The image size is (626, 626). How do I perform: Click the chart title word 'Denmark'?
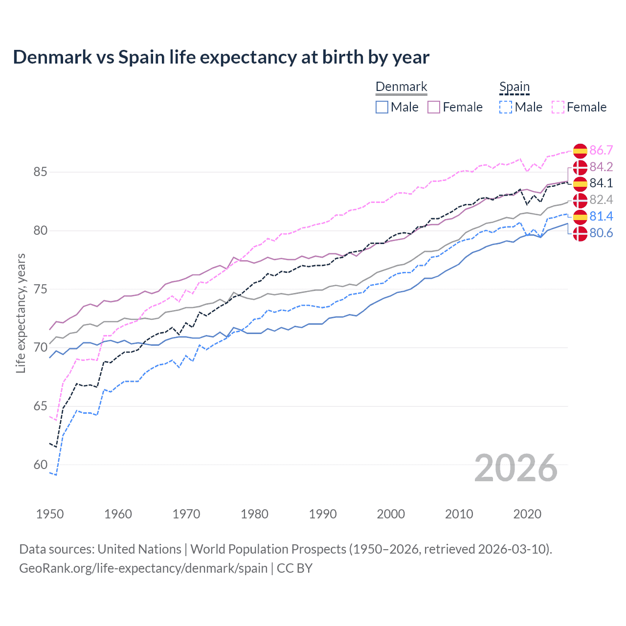point(52,57)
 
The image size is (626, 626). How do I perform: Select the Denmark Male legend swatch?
point(382,107)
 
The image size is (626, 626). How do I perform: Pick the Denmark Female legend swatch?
point(434,107)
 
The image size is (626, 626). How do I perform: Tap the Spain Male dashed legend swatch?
point(506,107)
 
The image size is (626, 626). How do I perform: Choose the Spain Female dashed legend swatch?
point(558,107)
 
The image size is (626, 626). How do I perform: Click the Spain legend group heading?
point(514,87)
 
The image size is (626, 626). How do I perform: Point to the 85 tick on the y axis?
point(40,172)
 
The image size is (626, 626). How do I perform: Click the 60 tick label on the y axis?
point(40,465)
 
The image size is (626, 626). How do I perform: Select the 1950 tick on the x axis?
point(50,514)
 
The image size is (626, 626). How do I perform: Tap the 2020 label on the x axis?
point(527,514)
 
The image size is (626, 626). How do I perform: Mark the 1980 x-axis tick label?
point(254,514)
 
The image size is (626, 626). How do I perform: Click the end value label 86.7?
point(601,150)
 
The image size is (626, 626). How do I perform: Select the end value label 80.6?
point(601,233)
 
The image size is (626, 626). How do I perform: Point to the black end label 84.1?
point(601,183)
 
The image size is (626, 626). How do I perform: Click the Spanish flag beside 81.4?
point(580,217)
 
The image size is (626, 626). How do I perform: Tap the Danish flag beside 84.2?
point(580,167)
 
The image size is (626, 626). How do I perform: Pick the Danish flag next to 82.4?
point(580,200)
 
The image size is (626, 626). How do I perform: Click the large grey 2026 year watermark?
point(516,468)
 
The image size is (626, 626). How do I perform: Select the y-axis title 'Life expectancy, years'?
point(21,313)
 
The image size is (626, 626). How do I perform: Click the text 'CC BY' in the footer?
point(294,568)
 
